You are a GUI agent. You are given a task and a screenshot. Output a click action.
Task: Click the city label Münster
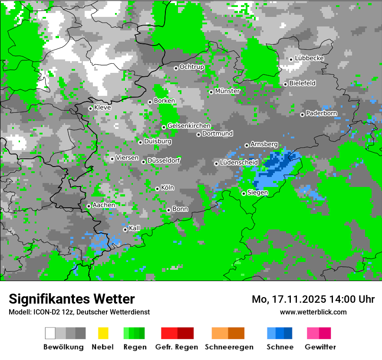coord(227,91)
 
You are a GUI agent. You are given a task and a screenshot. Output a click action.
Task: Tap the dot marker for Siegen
coord(244,193)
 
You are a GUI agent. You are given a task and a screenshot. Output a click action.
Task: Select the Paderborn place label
coord(321,114)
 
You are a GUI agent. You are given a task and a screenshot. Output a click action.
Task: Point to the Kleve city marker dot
coord(90,108)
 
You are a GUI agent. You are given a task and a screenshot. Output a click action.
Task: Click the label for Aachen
coord(104,205)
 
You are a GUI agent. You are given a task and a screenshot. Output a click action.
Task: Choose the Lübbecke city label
coord(309,58)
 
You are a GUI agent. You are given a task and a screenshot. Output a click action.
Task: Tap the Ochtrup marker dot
coord(176,68)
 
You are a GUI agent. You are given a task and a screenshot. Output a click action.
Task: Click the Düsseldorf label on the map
coord(164,160)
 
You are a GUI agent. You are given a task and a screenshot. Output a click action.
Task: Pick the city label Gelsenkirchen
coord(189,126)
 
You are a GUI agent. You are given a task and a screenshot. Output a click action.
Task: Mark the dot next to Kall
coord(125,229)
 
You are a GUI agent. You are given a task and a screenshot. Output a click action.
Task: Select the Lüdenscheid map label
coord(239,163)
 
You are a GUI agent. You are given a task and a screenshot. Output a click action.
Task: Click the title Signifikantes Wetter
coord(72,299)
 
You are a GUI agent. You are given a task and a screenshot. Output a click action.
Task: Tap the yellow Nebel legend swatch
coord(103,333)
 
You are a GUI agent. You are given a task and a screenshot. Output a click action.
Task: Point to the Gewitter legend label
coord(320,347)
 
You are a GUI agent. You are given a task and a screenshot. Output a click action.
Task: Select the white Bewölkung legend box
coord(50,333)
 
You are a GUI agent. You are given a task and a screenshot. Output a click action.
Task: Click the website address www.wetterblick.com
coord(313,312)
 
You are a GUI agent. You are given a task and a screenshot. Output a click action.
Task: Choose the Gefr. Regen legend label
coord(177,347)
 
